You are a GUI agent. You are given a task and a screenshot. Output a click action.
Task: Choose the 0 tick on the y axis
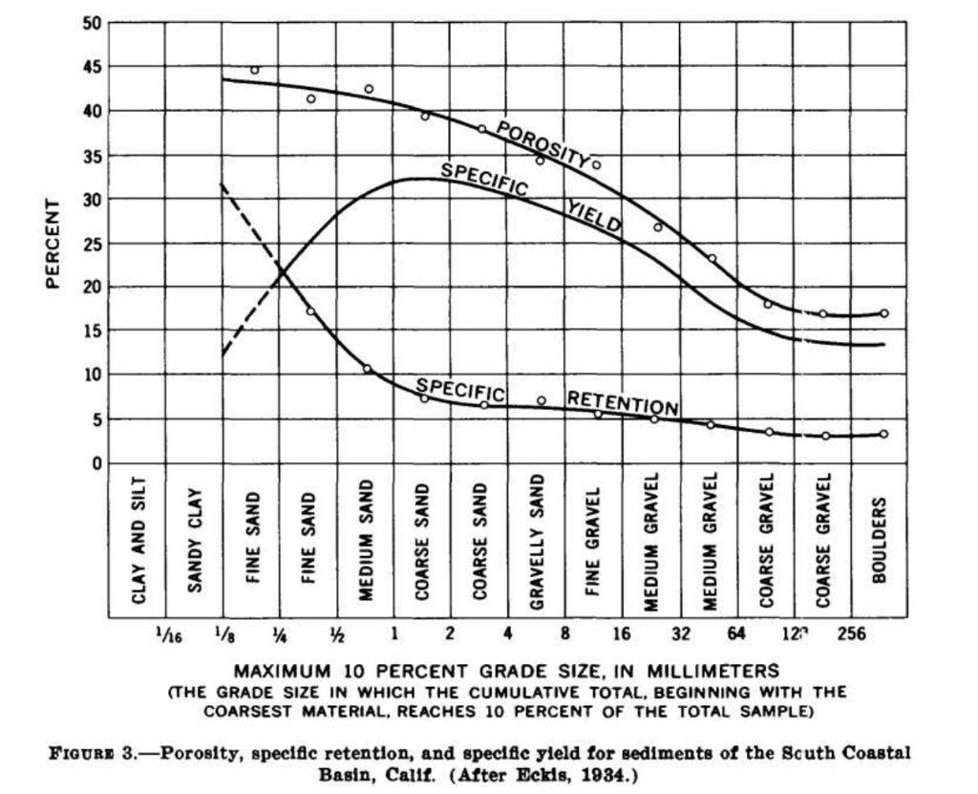[x=96, y=463]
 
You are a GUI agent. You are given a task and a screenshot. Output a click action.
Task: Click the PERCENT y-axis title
[x=53, y=243]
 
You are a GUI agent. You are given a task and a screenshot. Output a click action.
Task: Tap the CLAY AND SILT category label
[x=138, y=540]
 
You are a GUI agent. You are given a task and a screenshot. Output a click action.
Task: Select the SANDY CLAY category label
[x=194, y=540]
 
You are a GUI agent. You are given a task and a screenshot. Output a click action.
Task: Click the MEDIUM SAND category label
[x=365, y=540]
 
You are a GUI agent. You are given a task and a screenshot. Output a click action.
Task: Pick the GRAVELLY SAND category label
[x=536, y=540]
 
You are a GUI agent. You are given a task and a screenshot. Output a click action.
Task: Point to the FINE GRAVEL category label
[x=593, y=540]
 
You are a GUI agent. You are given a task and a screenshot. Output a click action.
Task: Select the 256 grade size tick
[x=850, y=633]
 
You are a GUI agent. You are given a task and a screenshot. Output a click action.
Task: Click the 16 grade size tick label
[x=622, y=633]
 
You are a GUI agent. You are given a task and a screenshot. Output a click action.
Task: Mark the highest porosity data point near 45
[x=254, y=70]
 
